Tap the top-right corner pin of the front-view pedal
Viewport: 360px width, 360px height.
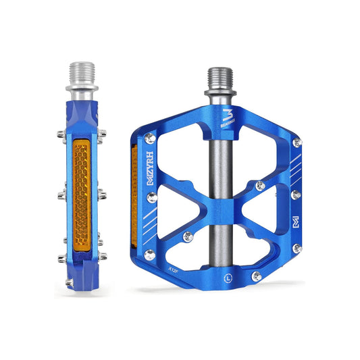[297, 143]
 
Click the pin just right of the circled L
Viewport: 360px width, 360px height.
[256, 276]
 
